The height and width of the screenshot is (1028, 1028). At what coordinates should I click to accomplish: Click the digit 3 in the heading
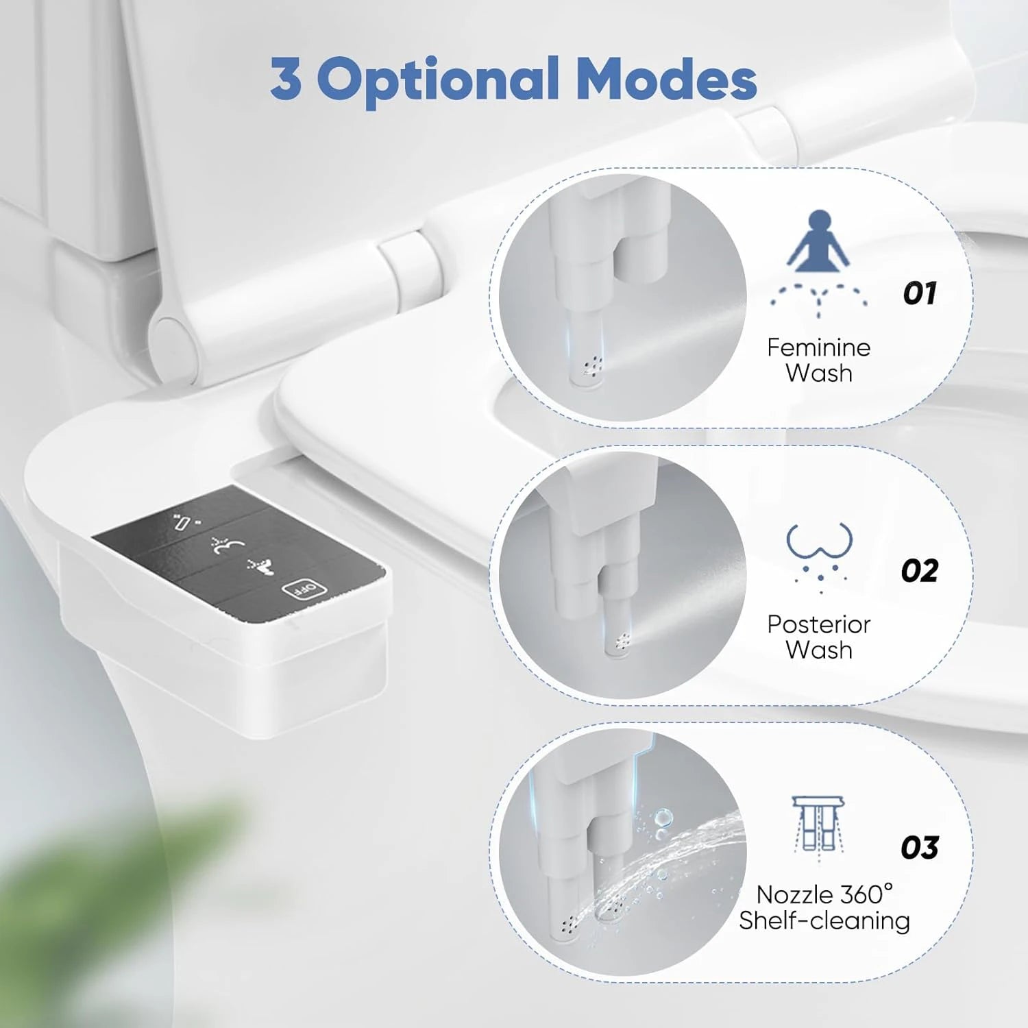click(x=286, y=79)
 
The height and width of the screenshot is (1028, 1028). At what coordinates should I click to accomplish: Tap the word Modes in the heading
click(x=665, y=79)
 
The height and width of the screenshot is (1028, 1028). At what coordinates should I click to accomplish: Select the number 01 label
click(x=920, y=293)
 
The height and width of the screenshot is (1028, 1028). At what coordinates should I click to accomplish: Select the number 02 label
click(x=919, y=570)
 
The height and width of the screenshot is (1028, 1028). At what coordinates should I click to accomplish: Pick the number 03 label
click(x=919, y=848)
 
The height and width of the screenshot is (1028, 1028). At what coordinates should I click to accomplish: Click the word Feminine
click(x=818, y=347)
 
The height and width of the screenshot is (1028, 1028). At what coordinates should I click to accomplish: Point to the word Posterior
click(x=818, y=624)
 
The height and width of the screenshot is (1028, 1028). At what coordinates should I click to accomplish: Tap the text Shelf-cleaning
click(x=824, y=920)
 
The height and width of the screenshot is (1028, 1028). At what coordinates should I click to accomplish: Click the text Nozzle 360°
click(x=824, y=894)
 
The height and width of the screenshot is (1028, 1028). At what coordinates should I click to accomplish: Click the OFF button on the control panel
click(x=299, y=588)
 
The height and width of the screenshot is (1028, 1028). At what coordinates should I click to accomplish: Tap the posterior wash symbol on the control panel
click(x=228, y=546)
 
